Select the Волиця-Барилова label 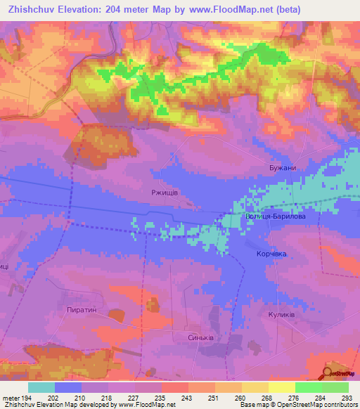click(275, 216)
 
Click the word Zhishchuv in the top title click(31, 8)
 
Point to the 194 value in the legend click(28, 397)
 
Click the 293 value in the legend click(347, 397)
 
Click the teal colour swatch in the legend click(41, 387)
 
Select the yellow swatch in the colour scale click(281, 387)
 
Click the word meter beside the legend click(11, 397)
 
